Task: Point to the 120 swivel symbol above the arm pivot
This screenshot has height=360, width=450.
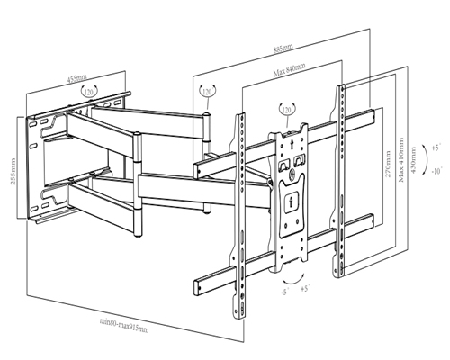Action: coord(208,93)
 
